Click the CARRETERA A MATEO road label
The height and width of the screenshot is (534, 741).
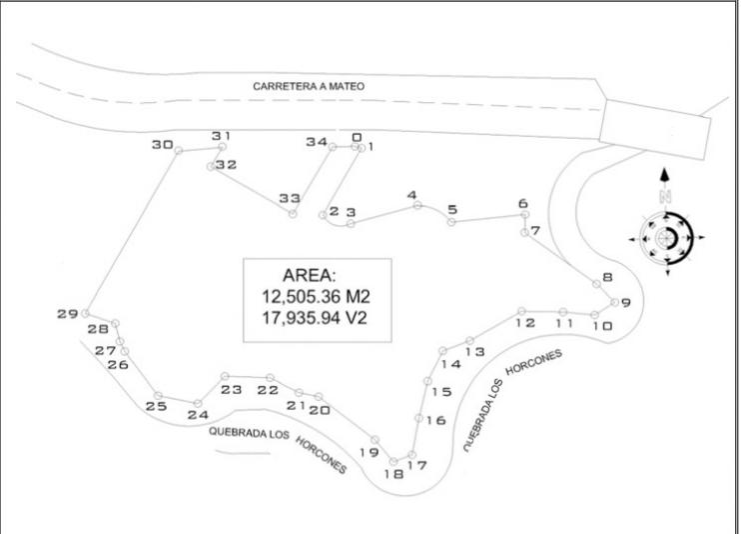pyautogui.click(x=309, y=86)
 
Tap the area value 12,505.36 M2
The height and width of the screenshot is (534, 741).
pyautogui.click(x=316, y=297)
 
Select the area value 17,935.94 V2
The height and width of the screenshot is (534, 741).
pyautogui.click(x=315, y=318)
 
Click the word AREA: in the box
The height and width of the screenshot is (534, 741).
pyautogui.click(x=309, y=275)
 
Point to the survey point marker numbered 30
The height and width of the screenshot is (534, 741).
pyautogui.click(x=179, y=151)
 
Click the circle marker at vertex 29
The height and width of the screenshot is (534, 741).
pyautogui.click(x=85, y=313)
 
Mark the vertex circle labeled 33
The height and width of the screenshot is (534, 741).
pyautogui.click(x=293, y=214)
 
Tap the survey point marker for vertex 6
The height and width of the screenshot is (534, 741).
pyautogui.click(x=524, y=215)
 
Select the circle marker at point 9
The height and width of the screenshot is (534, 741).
pyautogui.click(x=614, y=302)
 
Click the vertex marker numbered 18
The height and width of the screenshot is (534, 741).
pyautogui.click(x=393, y=462)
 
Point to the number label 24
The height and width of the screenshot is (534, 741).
pyautogui.click(x=198, y=415)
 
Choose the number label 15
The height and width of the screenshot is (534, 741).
pyautogui.click(x=441, y=392)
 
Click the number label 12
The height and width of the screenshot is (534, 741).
pyautogui.click(x=525, y=323)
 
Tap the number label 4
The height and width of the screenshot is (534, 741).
pyautogui.click(x=412, y=195)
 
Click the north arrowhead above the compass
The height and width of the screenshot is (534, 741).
pyautogui.click(x=665, y=175)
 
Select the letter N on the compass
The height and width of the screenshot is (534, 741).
pyautogui.click(x=665, y=196)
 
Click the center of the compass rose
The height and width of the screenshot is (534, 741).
pyautogui.click(x=666, y=237)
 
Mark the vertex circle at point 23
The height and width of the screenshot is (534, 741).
pyautogui.click(x=225, y=376)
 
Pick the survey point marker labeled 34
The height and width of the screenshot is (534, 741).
pyautogui.click(x=333, y=147)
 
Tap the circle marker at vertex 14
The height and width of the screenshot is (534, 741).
pyautogui.click(x=442, y=350)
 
